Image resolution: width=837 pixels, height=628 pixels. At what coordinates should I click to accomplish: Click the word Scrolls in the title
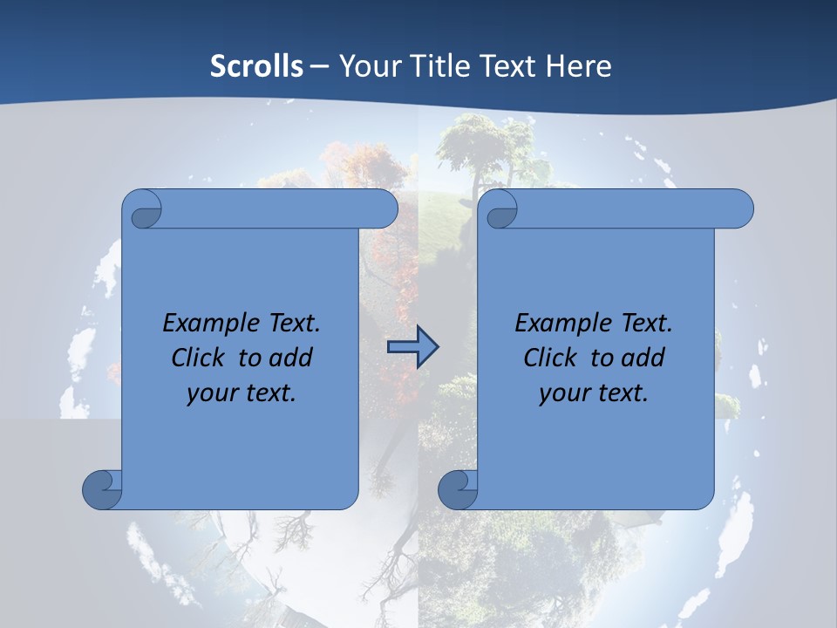point(256,65)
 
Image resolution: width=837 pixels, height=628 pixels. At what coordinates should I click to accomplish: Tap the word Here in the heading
point(579,65)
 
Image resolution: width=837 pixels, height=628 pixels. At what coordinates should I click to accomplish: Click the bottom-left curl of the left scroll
point(101,488)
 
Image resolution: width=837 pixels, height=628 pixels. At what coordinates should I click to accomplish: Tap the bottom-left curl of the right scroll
point(457,488)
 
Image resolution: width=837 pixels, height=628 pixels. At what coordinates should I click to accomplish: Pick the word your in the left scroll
point(209,393)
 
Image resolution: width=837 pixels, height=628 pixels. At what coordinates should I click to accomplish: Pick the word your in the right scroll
point(561,393)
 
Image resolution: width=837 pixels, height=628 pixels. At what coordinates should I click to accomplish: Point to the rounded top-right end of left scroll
point(384,208)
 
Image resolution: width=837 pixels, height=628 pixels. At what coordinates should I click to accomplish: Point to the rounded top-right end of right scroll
point(739,208)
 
